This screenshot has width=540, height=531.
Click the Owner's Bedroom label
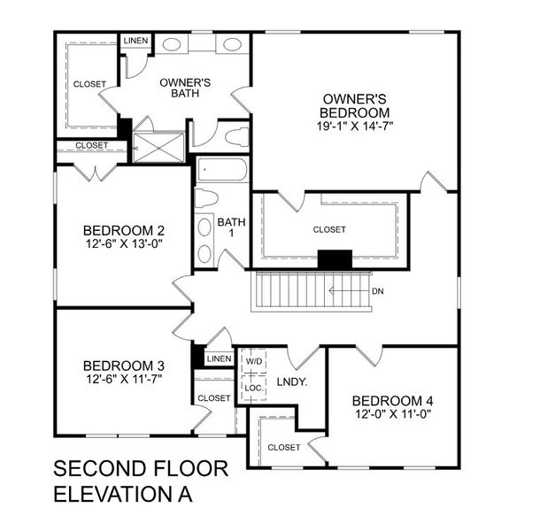point(356,105)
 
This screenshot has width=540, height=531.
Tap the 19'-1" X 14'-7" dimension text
point(356,126)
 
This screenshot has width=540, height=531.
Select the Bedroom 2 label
point(123,226)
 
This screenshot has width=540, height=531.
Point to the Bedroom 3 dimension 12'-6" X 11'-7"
point(123,379)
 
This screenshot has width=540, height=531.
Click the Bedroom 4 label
point(392,400)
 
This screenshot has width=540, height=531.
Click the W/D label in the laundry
point(254,361)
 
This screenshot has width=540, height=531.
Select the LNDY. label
point(291,382)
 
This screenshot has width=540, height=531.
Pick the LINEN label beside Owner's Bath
point(135,42)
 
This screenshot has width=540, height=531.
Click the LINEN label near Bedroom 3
point(219,358)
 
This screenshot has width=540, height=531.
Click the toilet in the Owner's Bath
point(234,137)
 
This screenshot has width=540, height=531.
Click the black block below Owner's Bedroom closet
point(335,259)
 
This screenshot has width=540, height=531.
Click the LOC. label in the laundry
point(254,388)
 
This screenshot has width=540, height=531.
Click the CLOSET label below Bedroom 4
point(284,447)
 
